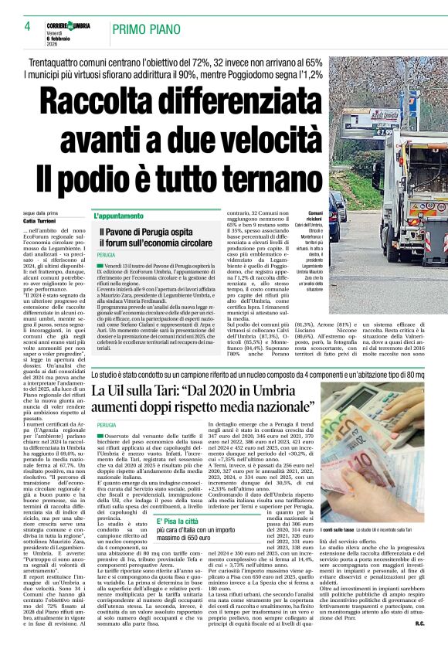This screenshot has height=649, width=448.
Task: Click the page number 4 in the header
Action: pos(27,26)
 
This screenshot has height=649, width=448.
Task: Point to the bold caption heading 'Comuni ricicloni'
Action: pos(315,217)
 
